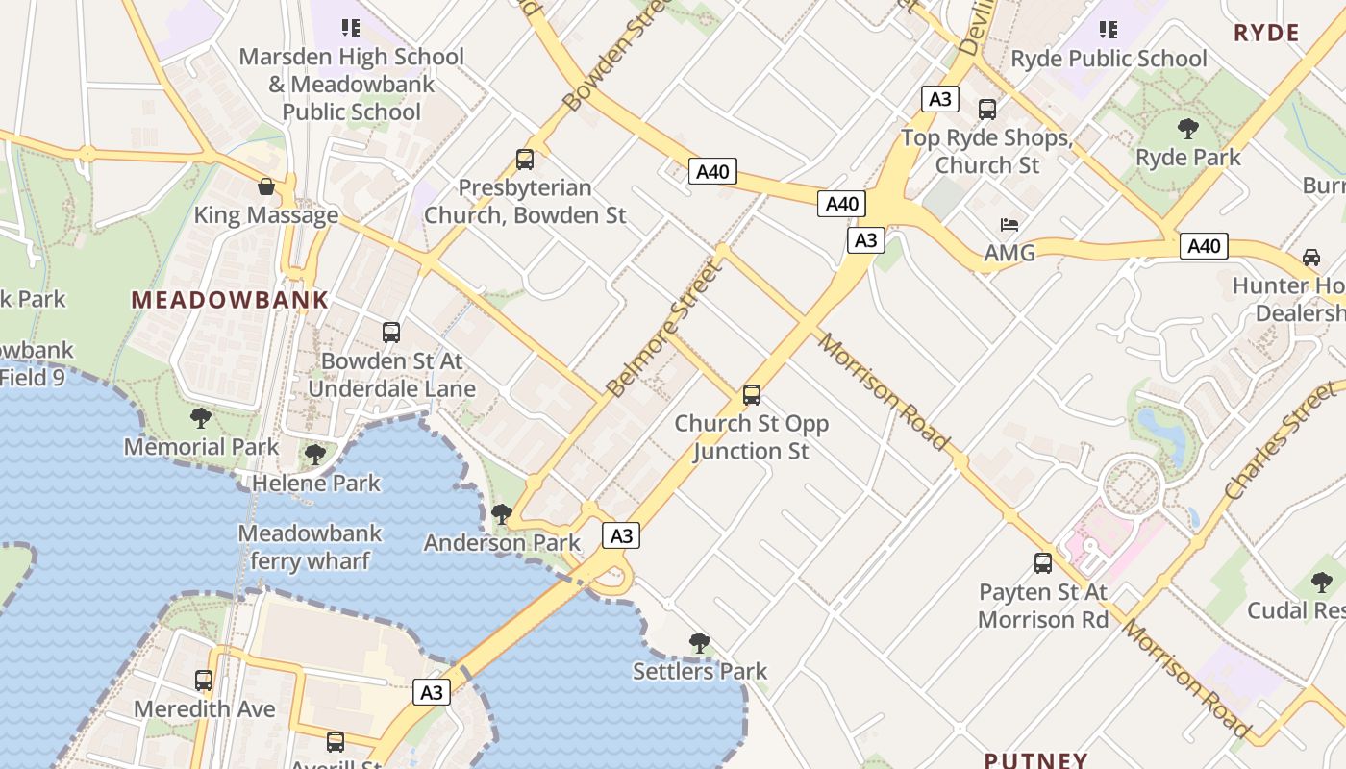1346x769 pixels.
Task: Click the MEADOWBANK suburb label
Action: pyautogui.click(x=230, y=299)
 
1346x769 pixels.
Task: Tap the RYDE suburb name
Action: pyautogui.click(x=1266, y=33)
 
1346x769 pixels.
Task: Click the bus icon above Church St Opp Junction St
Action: pyautogui.click(x=752, y=395)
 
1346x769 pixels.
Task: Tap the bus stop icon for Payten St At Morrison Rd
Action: pyautogui.click(x=1043, y=563)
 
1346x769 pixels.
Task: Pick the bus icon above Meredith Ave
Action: pyautogui.click(x=204, y=681)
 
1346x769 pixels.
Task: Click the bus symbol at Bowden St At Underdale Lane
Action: pyautogui.click(x=391, y=333)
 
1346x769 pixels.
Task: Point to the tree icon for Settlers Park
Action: pyautogui.click(x=700, y=642)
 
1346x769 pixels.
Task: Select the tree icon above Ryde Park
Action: pyautogui.click(x=1188, y=128)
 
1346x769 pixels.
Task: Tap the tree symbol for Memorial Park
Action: pyautogui.click(x=201, y=417)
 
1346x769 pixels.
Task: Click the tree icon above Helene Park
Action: pyautogui.click(x=315, y=454)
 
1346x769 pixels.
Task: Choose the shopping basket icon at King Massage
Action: pyautogui.click(x=266, y=186)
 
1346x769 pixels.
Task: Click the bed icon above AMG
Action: pyautogui.click(x=1009, y=225)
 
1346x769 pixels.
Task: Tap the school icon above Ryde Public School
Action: pyautogui.click(x=1109, y=30)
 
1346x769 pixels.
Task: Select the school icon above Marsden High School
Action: pyautogui.click(x=351, y=28)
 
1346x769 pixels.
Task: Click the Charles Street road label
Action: pyautogui.click(x=1280, y=439)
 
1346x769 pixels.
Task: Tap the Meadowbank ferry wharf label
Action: pyautogui.click(x=310, y=547)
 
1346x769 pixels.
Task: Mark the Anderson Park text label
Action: pyautogui.click(x=502, y=543)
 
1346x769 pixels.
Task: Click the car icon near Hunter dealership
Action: pyautogui.click(x=1310, y=257)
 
